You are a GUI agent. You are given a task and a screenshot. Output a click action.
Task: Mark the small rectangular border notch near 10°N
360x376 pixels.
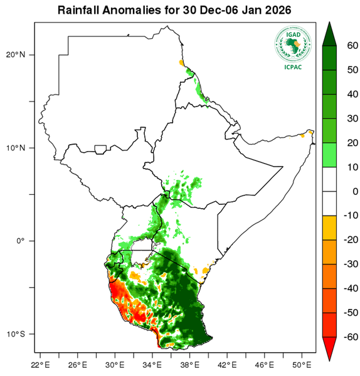(99, 150)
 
